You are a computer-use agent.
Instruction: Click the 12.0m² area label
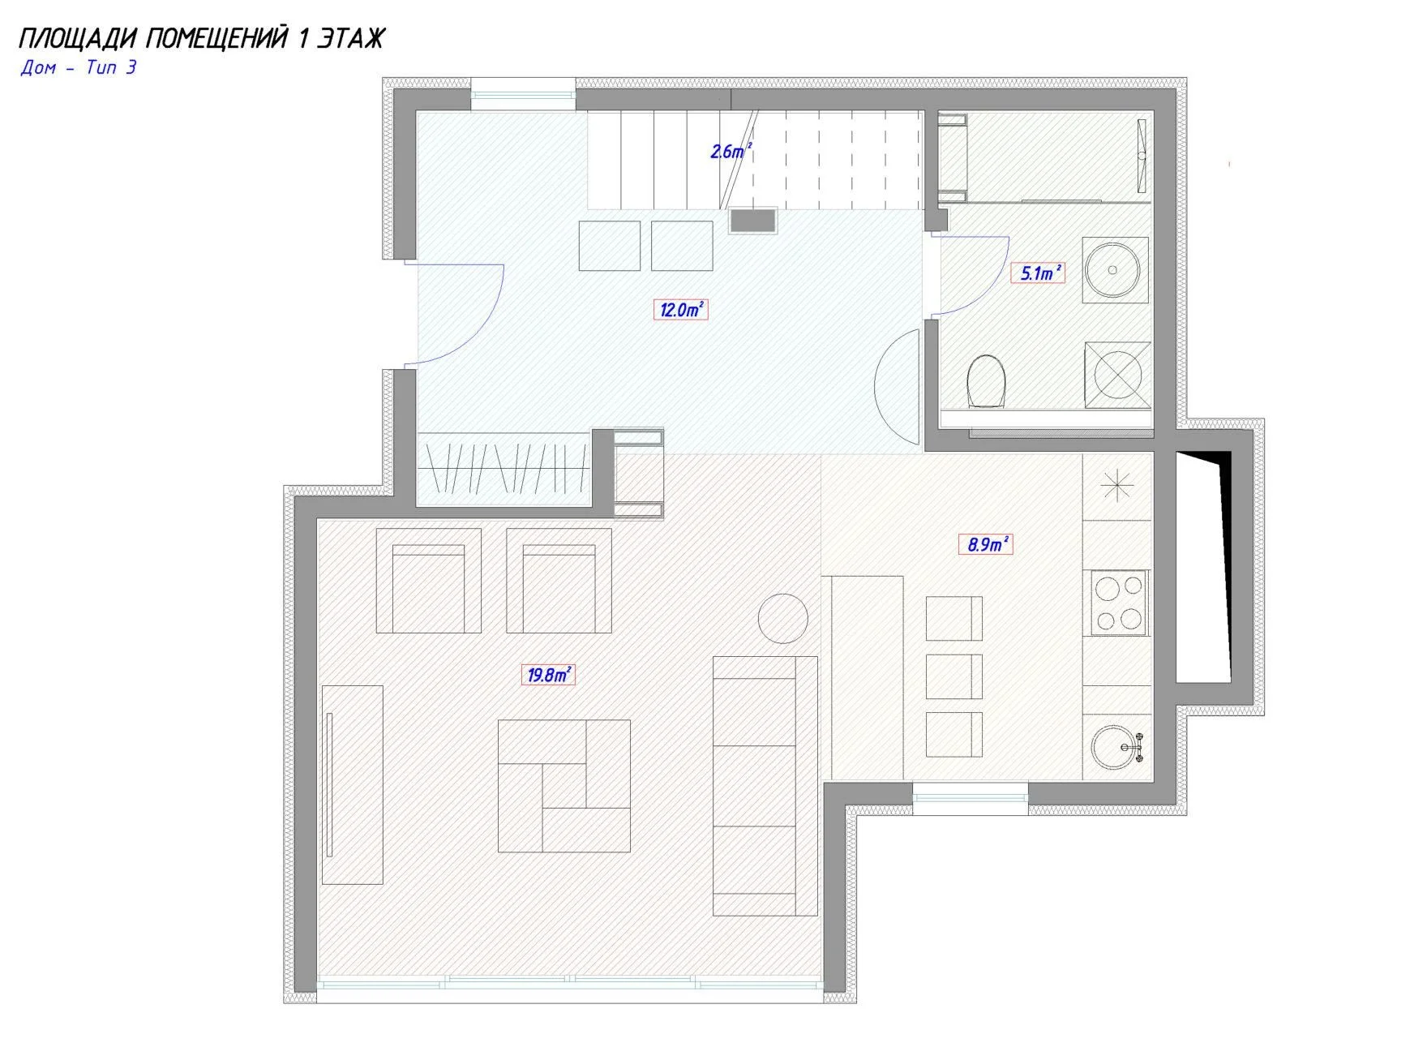pyautogui.click(x=680, y=309)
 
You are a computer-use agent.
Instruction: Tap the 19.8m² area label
pyautogui.click(x=548, y=674)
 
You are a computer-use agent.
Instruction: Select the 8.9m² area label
pyautogui.click(x=985, y=543)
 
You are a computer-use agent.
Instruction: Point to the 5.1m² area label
pyautogui.click(x=1038, y=273)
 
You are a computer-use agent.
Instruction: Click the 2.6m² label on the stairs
pyautogui.click(x=731, y=151)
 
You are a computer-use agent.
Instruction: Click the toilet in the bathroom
pyautogui.click(x=987, y=379)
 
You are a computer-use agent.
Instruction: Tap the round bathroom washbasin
pyautogui.click(x=1116, y=270)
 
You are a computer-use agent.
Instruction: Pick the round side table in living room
pyautogui.click(x=782, y=618)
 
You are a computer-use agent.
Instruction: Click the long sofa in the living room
pyautogui.click(x=765, y=786)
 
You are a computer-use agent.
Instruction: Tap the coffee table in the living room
pyautogui.click(x=564, y=785)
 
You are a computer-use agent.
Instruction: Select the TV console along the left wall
pyautogui.click(x=352, y=784)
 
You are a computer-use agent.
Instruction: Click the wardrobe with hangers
pyautogui.click(x=503, y=470)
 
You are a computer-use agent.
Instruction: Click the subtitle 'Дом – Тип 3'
pyautogui.click(x=79, y=67)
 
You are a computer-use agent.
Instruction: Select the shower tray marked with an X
pyautogui.click(x=1117, y=374)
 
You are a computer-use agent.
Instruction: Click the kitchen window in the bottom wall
pyautogui.click(x=971, y=792)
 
